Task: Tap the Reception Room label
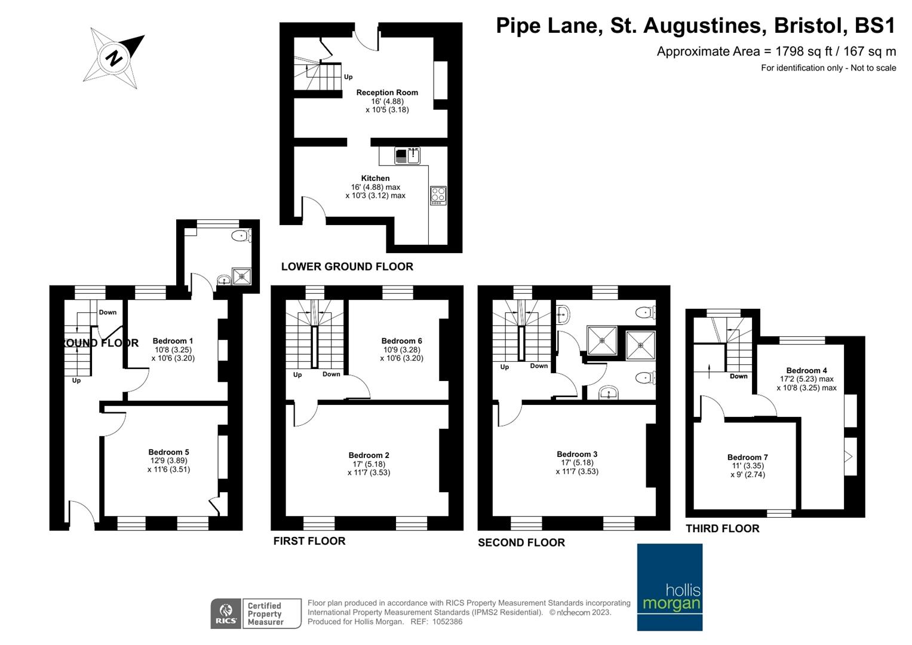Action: tap(387, 93)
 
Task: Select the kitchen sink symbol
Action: tap(407, 156)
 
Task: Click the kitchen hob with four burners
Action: tap(438, 195)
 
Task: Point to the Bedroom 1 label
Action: tap(173, 341)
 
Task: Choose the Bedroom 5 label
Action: tap(168, 452)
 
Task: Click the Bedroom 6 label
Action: tap(401, 341)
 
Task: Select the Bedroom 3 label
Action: tap(577, 454)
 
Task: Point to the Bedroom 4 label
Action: tap(806, 370)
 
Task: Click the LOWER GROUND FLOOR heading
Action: tap(347, 266)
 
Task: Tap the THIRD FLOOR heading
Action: tap(722, 529)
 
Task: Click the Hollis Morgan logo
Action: tap(670, 587)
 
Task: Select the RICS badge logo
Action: tap(226, 613)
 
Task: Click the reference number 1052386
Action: tap(447, 622)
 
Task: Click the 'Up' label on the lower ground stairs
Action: tap(348, 77)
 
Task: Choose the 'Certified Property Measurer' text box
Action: tap(271, 613)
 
